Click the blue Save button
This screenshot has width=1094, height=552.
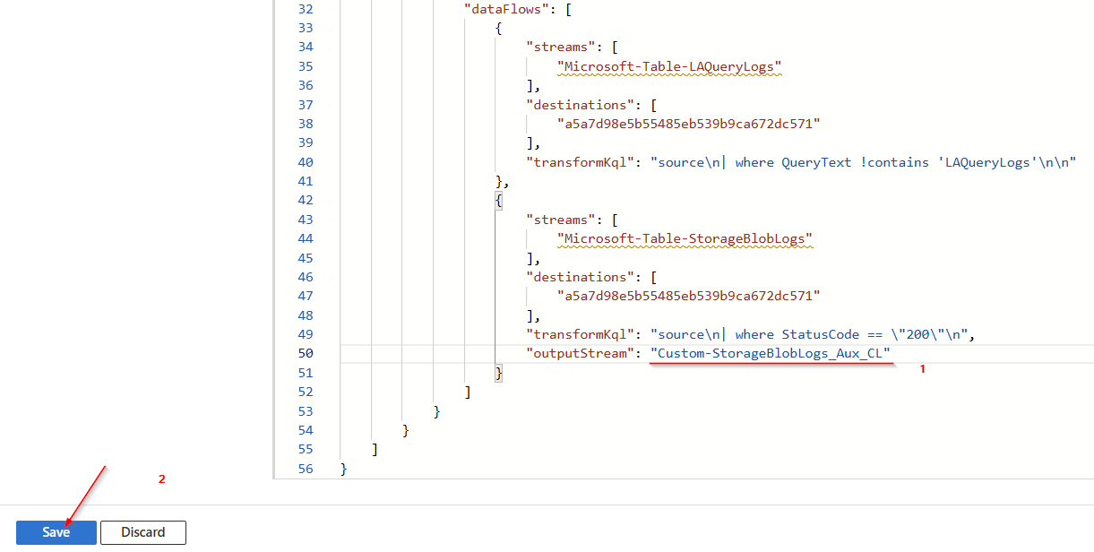coord(56,532)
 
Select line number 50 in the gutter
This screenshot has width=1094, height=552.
coord(306,353)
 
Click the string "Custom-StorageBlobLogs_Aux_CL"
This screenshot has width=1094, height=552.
coord(771,353)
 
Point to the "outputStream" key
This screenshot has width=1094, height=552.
coord(581,353)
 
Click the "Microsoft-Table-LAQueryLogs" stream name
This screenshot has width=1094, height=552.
coord(669,66)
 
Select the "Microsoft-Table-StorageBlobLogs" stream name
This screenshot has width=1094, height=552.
coord(685,238)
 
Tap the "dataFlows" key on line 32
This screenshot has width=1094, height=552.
coord(506,9)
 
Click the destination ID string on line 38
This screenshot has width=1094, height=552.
coord(689,124)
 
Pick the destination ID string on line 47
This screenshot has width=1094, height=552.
coord(689,296)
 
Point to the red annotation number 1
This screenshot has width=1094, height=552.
coord(923,369)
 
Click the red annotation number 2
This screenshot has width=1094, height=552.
coord(161,479)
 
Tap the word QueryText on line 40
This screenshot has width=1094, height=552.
coord(816,162)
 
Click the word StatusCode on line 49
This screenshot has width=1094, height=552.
coord(821,334)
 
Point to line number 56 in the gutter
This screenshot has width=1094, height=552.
coord(306,469)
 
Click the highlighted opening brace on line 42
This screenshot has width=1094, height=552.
coord(499,201)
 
